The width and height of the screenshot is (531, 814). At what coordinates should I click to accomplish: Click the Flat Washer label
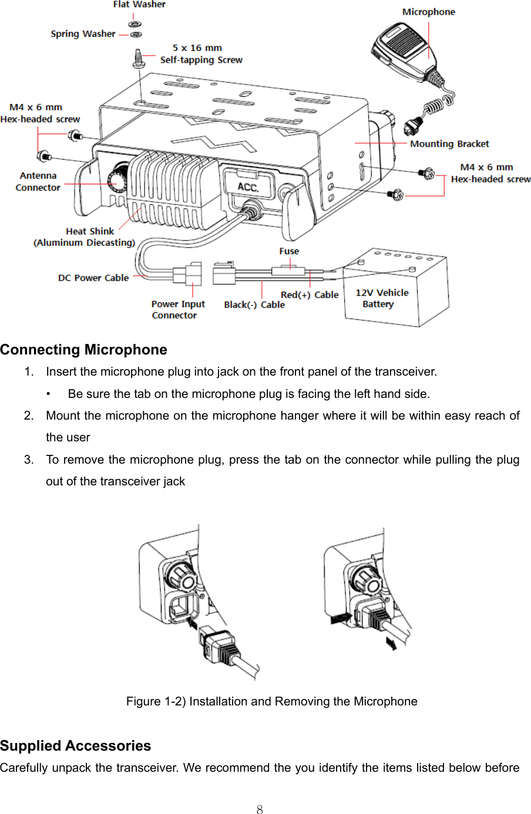[139, 5]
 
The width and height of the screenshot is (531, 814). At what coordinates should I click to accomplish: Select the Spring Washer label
[83, 34]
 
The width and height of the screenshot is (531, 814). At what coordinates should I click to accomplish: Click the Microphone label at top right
[428, 12]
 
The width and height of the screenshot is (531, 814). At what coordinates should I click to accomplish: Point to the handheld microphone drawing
[403, 49]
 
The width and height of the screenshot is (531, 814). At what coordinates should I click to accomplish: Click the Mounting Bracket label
[449, 144]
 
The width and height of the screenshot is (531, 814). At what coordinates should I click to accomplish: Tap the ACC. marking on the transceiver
[248, 187]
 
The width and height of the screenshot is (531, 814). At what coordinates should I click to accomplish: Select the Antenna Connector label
[38, 181]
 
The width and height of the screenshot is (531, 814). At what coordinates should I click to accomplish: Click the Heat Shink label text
[89, 231]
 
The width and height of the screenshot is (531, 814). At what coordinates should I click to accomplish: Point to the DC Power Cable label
[93, 278]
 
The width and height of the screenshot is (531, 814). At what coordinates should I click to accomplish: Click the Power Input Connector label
[177, 309]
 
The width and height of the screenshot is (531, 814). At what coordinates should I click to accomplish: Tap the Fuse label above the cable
[289, 251]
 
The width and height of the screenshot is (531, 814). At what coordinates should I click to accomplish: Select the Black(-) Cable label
[254, 305]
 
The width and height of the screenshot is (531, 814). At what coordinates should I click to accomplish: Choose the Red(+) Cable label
[309, 295]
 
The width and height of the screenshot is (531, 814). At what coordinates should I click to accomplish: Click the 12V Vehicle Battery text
[382, 298]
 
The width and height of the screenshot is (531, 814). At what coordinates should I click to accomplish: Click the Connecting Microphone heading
[83, 350]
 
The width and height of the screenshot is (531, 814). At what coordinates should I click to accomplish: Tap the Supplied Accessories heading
[76, 746]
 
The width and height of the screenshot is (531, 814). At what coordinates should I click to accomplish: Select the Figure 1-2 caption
[271, 701]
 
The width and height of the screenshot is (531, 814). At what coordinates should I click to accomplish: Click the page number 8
[260, 810]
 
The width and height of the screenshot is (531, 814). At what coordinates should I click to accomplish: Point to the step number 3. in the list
[29, 460]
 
